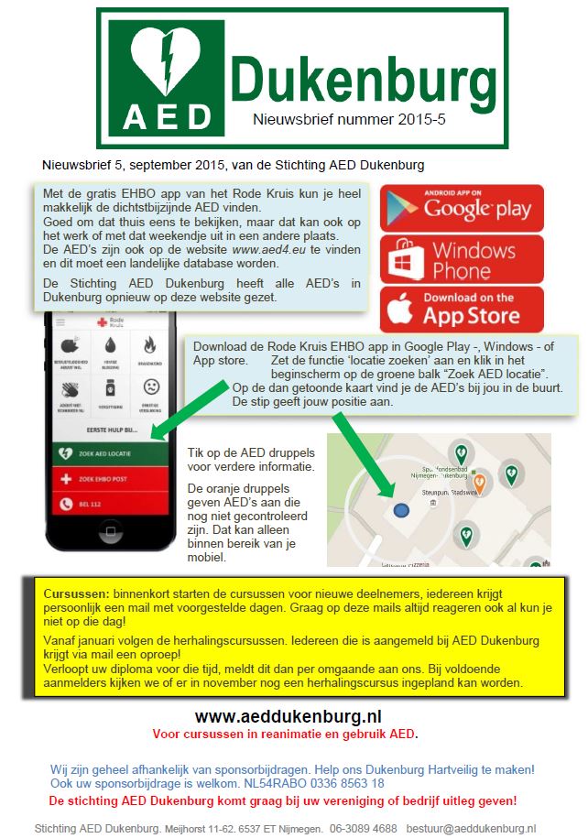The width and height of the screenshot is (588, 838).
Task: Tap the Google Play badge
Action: [x=462, y=208]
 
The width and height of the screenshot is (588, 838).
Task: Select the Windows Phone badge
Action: [x=462, y=259]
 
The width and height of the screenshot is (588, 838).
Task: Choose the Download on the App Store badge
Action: [x=462, y=309]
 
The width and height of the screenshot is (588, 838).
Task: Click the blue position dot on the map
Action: [x=398, y=510]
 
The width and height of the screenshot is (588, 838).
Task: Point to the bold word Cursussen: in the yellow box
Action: [x=76, y=594]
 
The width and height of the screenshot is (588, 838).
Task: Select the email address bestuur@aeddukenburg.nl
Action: [x=471, y=828]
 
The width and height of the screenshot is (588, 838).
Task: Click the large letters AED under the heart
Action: [x=168, y=116]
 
